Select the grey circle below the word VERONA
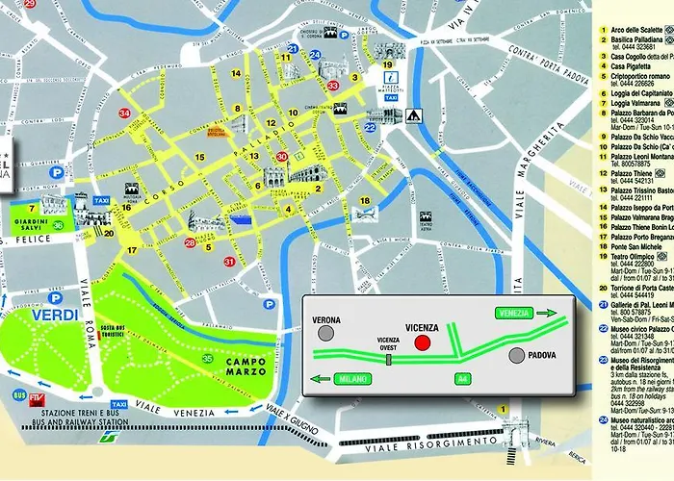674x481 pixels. click(x=328, y=334)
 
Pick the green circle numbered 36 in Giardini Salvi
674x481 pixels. click(x=59, y=225)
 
